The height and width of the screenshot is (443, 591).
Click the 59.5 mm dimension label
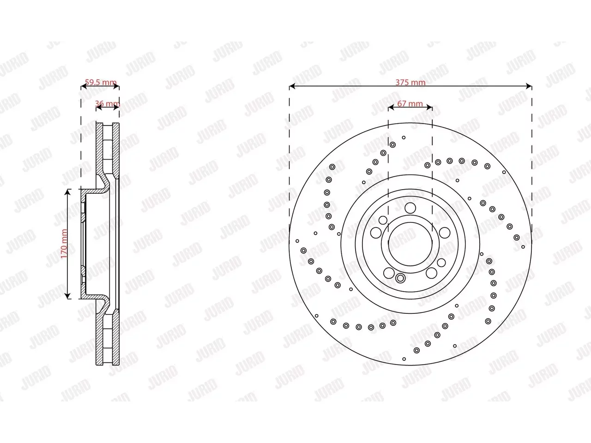101,82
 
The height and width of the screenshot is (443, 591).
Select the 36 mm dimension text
108,103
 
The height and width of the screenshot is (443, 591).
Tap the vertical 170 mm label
64,244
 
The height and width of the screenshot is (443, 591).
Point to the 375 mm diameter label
410,82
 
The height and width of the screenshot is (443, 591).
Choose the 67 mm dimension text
410,103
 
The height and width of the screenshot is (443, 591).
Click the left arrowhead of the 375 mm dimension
292,86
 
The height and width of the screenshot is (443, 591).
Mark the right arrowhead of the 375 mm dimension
529,86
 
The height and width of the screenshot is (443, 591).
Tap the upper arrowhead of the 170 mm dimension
67,192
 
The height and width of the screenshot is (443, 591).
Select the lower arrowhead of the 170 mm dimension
67,296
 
